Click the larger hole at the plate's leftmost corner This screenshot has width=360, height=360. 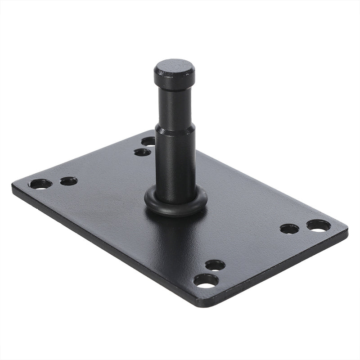(40, 184)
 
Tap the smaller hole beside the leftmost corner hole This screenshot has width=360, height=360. (68, 181)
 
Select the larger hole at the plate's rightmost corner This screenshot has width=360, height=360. (319, 225)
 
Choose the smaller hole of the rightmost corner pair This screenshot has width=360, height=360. (289, 229)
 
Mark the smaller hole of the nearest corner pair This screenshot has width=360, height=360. (215, 265)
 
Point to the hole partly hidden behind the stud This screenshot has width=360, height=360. (149, 141)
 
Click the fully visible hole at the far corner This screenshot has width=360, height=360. (142, 152)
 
